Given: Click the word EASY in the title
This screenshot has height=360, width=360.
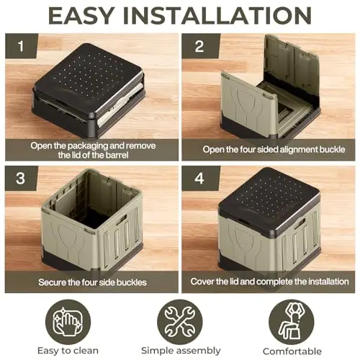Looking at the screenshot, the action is click(x=81, y=16).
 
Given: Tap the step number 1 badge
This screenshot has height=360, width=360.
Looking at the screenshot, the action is click(x=22, y=46).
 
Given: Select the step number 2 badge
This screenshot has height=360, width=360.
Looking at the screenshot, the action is click(x=199, y=46).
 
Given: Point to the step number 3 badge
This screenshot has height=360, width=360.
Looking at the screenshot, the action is click(x=21, y=179).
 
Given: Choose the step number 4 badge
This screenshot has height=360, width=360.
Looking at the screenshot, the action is click(x=199, y=179).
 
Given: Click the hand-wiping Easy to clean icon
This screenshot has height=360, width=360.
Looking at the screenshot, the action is click(x=68, y=322).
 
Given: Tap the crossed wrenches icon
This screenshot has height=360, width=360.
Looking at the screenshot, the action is click(x=180, y=322).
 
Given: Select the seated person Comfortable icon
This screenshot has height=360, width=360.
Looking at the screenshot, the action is click(x=292, y=322).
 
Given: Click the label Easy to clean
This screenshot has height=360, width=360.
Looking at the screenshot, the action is click(x=68, y=351).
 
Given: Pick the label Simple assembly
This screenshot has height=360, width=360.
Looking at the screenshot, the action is click(x=181, y=351).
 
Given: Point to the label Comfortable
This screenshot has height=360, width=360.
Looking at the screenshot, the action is click(x=292, y=351).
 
